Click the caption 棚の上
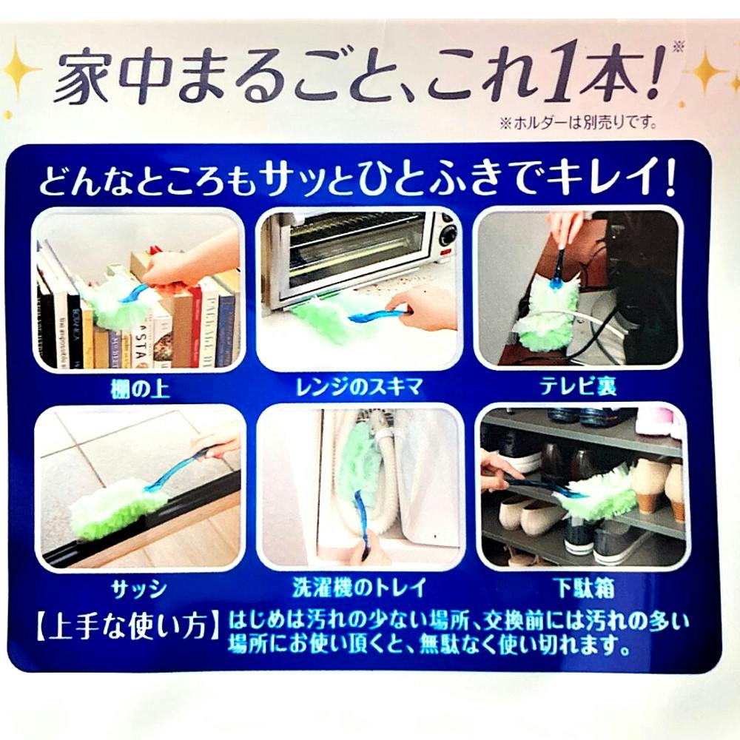[139, 389]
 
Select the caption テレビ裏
[578, 386]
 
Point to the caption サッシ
[139, 588]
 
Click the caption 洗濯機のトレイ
[359, 588]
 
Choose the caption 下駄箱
[585, 588]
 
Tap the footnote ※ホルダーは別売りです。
[579, 123]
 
